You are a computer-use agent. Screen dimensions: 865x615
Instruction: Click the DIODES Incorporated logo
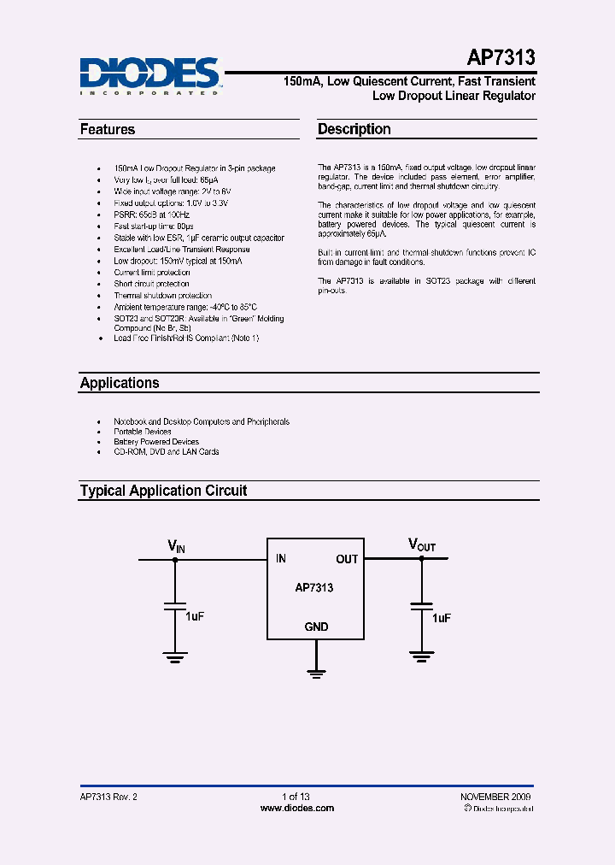pos(150,75)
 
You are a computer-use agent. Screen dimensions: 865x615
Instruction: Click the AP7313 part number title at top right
pos(501,58)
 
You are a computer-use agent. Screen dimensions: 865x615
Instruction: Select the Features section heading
pos(108,130)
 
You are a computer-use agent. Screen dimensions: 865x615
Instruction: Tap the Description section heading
pos(354,130)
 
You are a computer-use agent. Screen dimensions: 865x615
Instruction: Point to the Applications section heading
pos(120,383)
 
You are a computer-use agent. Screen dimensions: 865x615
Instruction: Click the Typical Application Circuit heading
pos(163,491)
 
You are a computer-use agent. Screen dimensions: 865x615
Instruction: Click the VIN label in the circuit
pos(176,545)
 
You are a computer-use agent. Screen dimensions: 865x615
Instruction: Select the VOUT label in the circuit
pos(422,545)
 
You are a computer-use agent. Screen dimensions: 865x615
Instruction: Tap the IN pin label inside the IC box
pos(281,559)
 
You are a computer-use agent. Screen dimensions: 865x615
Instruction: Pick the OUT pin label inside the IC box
pos(347,559)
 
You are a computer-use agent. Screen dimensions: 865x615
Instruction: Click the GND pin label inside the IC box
pos(316,627)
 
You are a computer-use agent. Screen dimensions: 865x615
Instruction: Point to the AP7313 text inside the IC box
pos(314,588)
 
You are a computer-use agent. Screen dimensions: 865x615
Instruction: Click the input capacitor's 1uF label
pos(195,615)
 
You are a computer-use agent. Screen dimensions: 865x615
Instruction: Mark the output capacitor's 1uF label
pos(441,617)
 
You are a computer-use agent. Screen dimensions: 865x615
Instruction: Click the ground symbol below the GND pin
pos(317,674)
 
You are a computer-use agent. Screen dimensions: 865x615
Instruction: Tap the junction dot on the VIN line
pos(175,560)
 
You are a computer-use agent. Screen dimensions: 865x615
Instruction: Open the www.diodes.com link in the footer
pos(296,808)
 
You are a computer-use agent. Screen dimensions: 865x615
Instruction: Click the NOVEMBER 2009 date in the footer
pos(495,797)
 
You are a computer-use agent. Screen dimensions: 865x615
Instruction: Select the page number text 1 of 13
pos(296,797)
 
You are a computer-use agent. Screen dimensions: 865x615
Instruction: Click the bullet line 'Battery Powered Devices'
pos(156,442)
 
